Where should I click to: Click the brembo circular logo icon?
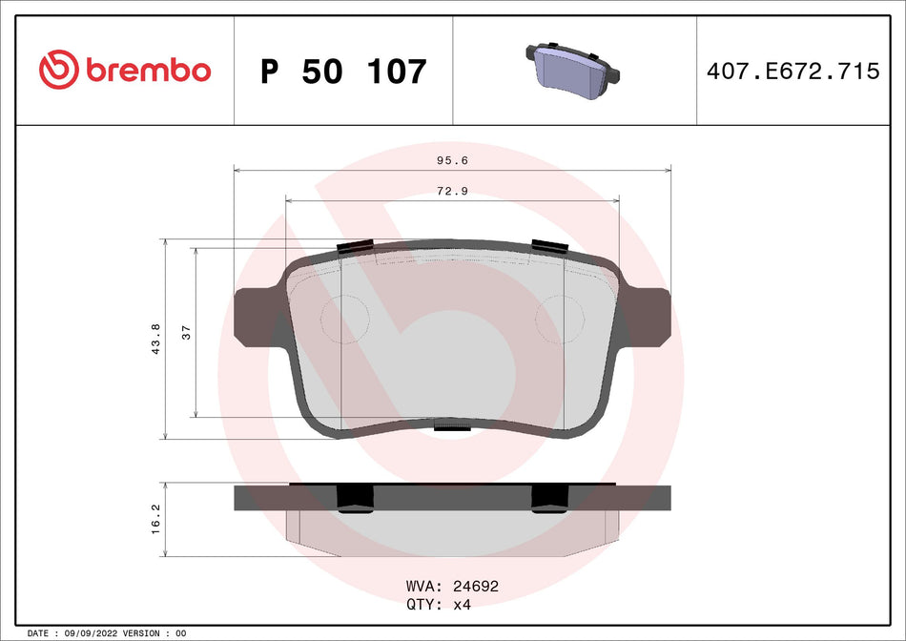pos(59,71)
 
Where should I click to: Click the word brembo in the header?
pos(148,71)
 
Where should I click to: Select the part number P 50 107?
pos(343,72)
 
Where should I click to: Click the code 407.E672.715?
pos(793,72)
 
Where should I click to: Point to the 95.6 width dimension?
pos(452,161)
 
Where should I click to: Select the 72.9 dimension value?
pos(452,192)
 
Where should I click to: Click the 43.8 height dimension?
pos(156,339)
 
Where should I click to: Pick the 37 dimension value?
pos(187,332)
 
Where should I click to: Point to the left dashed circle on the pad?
pos(344,319)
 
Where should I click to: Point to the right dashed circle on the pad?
pos(562,319)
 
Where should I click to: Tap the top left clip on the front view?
pos(356,246)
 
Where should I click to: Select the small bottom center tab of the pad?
pos(452,427)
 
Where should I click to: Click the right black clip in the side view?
pos(548,497)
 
